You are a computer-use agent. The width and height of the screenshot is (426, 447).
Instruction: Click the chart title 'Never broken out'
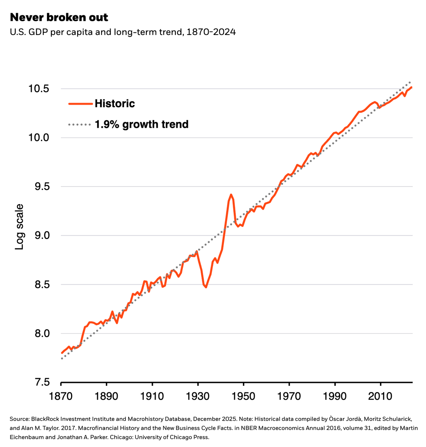(x=59, y=17)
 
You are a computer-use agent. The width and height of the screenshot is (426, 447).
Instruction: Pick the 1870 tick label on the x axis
(x=61, y=396)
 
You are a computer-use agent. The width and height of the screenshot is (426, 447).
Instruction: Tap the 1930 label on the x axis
(x=198, y=396)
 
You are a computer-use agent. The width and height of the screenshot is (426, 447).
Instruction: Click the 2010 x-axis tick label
(x=380, y=396)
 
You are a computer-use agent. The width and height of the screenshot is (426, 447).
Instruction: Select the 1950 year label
(x=244, y=396)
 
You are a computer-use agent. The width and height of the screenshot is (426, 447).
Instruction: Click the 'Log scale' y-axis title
(x=19, y=227)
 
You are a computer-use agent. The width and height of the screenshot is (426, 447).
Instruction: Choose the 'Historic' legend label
(x=115, y=104)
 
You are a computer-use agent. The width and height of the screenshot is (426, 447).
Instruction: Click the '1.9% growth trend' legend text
(x=142, y=124)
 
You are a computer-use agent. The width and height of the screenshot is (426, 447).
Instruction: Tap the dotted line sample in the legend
(x=80, y=124)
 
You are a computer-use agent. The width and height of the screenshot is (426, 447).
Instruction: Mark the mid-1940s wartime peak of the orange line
(x=231, y=194)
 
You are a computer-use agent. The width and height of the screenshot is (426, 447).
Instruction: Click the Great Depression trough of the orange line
(x=206, y=287)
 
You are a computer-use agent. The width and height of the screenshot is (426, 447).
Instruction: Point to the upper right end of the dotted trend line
(x=410, y=82)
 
